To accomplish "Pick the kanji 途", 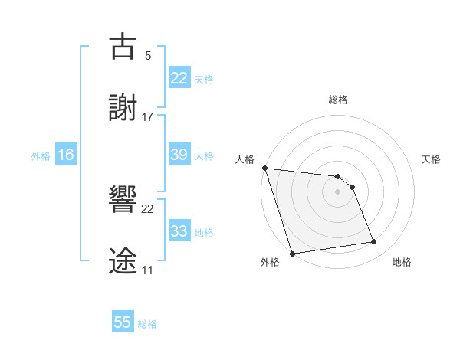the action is point(123,258).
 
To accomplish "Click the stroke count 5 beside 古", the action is point(147,56).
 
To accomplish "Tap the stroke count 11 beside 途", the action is point(147,270).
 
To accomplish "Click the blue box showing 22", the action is point(179,77).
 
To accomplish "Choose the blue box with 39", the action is point(179,155).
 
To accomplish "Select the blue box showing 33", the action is point(179,231).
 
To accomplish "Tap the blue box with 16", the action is point(66,155).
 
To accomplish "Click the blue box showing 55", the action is point(123,322).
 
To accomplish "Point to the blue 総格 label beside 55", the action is point(147,324).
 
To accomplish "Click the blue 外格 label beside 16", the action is point(41,156).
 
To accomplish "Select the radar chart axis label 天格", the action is point(432,159).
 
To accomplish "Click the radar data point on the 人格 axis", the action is point(264,168).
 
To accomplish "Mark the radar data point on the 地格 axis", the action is point(374,242).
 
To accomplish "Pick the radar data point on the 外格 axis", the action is point(292,253).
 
